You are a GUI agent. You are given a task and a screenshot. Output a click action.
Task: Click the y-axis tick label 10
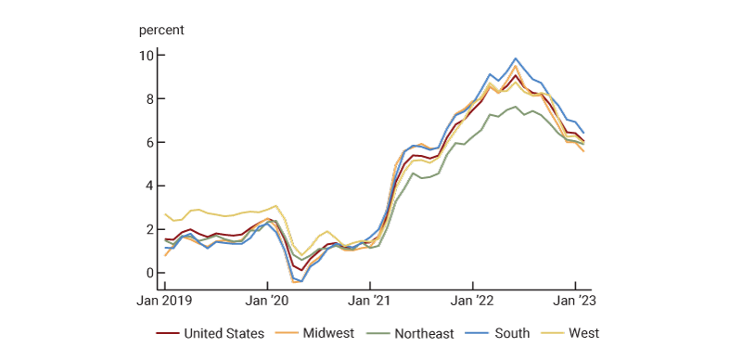tap(146, 56)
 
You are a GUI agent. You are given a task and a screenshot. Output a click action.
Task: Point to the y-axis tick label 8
tap(148, 99)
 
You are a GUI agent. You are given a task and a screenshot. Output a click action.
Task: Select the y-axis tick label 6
tap(148, 143)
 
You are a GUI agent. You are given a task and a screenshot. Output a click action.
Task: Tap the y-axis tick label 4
tap(148, 186)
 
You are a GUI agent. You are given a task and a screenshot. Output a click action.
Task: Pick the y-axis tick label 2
tap(148, 229)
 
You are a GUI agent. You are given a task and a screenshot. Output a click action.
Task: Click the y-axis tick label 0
tap(148, 273)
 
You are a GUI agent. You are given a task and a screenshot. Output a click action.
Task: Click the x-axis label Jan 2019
tap(165, 301)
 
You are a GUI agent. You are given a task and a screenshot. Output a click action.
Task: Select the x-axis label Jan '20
tap(269, 301)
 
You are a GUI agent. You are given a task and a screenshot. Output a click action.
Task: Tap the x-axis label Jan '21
tap(370, 301)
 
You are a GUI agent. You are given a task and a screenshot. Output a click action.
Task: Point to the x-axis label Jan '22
tap(473, 301)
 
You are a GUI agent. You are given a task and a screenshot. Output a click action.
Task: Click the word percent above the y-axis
tap(162, 29)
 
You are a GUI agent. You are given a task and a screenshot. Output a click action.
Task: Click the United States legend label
tap(224, 333)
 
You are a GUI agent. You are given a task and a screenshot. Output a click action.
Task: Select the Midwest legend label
tap(329, 333)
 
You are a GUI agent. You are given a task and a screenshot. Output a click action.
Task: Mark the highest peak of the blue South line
tap(516, 58)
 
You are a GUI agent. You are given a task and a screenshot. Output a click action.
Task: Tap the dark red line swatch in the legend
tap(167, 333)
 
